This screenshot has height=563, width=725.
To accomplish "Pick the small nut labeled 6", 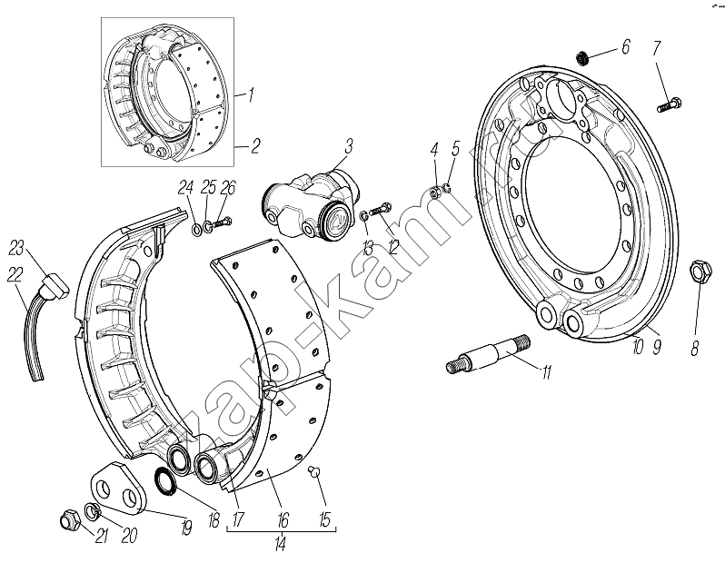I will pyautogui.click(x=585, y=59).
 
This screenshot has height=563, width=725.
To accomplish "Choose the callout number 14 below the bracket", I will pyautogui.click(x=281, y=545).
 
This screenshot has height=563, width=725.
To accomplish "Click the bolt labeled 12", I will pyautogui.click(x=382, y=212).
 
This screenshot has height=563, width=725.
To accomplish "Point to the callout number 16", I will pyautogui.click(x=283, y=519).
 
